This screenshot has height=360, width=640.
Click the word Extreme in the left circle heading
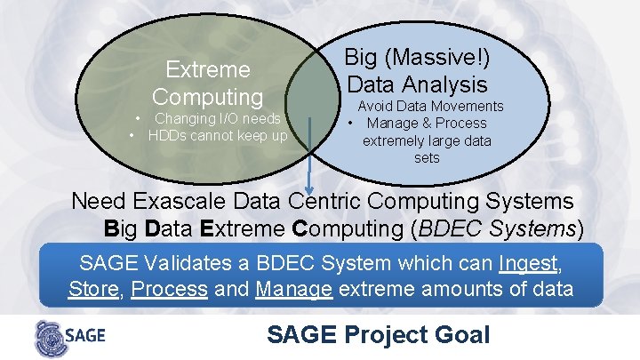click(208, 68)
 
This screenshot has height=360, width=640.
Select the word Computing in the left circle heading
click(208, 95)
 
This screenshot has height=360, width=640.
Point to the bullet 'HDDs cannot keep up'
click(218, 135)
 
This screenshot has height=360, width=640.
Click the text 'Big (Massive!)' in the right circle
click(417, 58)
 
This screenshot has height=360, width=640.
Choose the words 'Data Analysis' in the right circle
click(417, 84)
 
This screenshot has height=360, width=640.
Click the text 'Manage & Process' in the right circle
click(427, 124)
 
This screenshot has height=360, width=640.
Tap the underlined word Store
click(93, 289)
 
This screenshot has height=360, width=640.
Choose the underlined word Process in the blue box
click(170, 289)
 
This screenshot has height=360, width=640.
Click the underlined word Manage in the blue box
click(293, 289)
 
